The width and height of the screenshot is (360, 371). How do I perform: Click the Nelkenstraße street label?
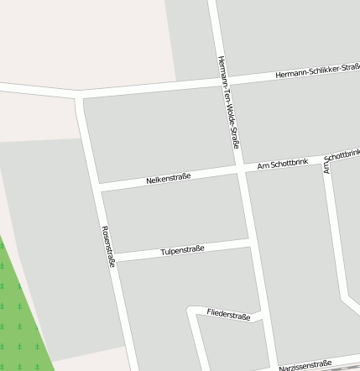[x=169, y=177]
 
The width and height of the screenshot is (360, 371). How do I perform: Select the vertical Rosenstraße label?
[x=107, y=246]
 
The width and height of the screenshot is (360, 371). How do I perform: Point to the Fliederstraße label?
[x=228, y=315]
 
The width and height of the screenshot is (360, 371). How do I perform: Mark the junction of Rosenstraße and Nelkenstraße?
[x=100, y=187]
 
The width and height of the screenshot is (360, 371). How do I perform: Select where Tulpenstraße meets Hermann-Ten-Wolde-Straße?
[x=252, y=242]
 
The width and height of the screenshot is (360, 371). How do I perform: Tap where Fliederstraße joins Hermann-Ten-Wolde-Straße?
[x=262, y=317]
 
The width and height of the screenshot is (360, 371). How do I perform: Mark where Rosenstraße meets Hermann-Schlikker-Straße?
[x=80, y=95]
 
